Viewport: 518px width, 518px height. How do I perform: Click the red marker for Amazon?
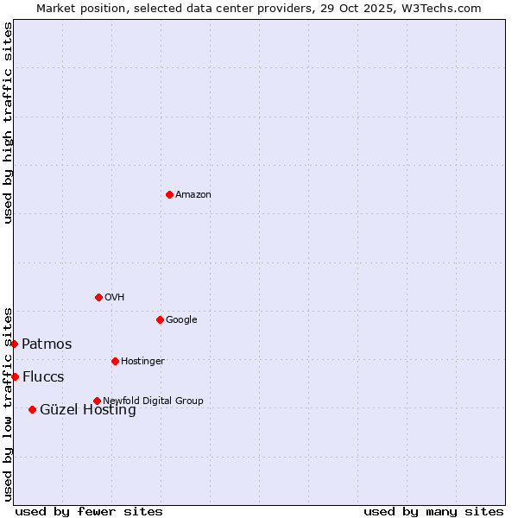click(x=169, y=194)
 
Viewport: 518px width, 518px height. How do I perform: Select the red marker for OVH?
click(x=98, y=297)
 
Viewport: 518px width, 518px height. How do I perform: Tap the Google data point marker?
click(x=160, y=319)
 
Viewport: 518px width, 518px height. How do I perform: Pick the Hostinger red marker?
click(x=115, y=361)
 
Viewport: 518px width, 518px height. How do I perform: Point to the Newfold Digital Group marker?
click(x=97, y=401)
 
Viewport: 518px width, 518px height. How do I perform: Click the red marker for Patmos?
click(x=14, y=344)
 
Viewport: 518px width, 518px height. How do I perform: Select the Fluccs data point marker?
click(x=15, y=376)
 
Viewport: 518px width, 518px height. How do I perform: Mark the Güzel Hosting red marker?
click(x=32, y=409)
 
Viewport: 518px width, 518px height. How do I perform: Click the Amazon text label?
click(x=193, y=194)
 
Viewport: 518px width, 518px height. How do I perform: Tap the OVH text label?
click(x=114, y=297)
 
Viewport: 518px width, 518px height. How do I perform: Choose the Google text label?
click(x=181, y=319)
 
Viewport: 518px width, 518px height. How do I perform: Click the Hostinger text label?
click(x=142, y=361)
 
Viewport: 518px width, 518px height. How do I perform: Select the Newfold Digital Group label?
click(x=153, y=401)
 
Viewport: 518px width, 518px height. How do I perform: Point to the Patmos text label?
click(x=47, y=344)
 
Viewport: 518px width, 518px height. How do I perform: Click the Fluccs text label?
click(x=43, y=376)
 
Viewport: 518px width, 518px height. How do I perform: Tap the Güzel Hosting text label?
click(x=88, y=410)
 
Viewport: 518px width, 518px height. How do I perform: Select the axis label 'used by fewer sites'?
click(x=89, y=511)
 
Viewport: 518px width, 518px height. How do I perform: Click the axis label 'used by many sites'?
click(x=433, y=511)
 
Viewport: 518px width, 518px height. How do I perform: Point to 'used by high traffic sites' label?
click(x=8, y=123)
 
